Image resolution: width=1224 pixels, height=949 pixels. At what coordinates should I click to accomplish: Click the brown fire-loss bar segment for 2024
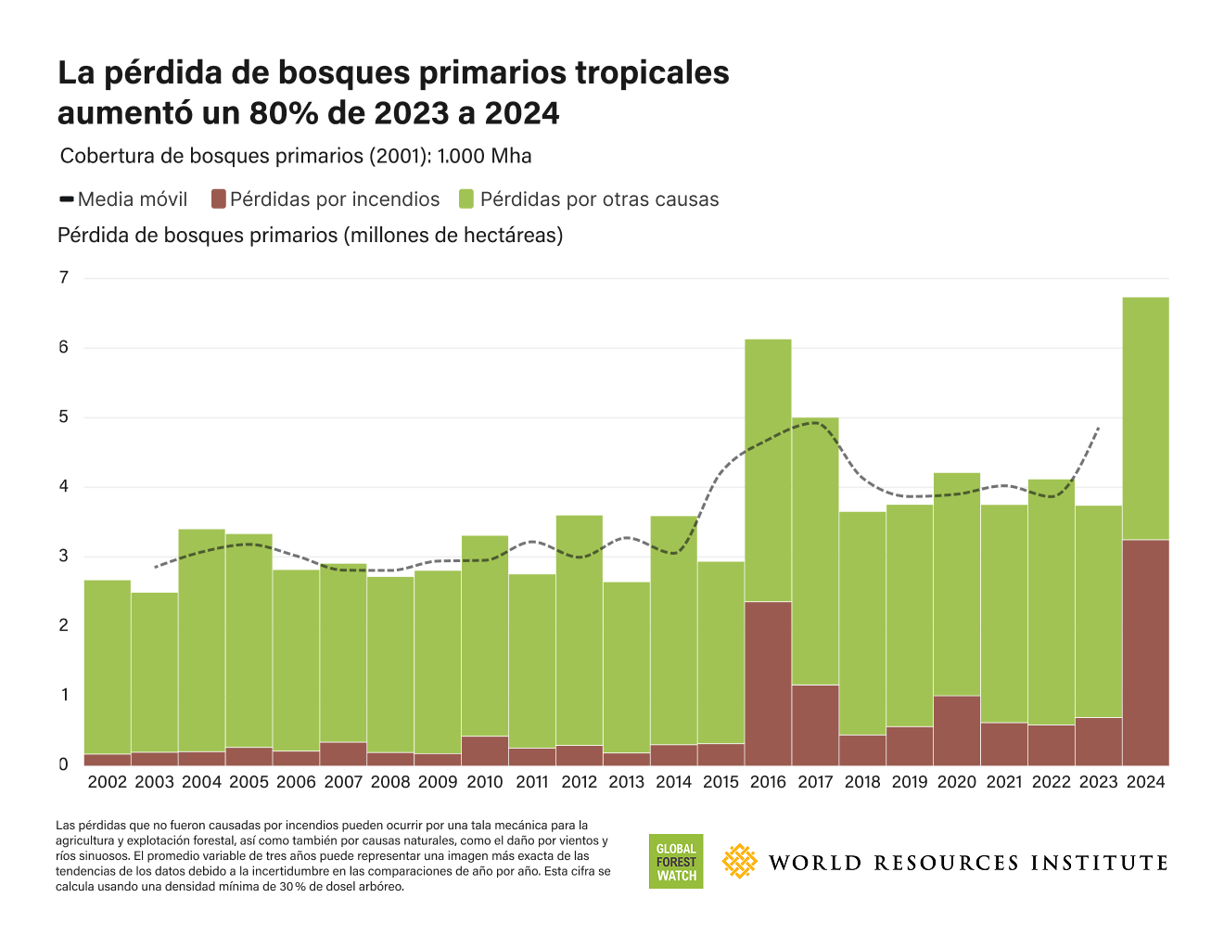tap(1145, 652)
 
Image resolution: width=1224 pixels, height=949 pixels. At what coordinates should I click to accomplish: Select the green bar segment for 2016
tap(768, 470)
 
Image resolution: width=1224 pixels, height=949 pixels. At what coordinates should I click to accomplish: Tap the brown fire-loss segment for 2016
tap(768, 683)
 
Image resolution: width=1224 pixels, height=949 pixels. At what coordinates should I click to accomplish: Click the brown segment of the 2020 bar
tap(957, 730)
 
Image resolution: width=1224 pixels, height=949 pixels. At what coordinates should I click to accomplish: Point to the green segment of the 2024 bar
tap(1145, 418)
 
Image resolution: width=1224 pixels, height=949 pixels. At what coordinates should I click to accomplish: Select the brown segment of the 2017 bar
tap(815, 725)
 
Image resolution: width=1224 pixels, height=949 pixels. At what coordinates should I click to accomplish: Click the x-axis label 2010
tap(485, 782)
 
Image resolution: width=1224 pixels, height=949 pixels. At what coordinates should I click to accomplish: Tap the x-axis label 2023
tap(1098, 782)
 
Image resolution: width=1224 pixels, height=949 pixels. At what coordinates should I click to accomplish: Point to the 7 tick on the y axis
tap(64, 277)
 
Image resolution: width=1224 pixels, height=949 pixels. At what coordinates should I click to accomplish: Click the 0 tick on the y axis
tap(64, 764)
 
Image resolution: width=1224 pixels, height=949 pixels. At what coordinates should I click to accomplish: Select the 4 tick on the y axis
tap(64, 486)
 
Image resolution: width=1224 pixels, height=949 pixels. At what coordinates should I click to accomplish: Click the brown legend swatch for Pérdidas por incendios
tap(219, 199)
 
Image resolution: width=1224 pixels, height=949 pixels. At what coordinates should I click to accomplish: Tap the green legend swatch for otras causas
tap(466, 199)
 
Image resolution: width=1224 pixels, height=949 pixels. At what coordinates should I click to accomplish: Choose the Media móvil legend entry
tap(123, 199)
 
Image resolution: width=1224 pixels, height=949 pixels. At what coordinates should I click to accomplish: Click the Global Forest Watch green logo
tap(676, 862)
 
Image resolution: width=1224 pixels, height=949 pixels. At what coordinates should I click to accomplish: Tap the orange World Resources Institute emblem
tap(739, 862)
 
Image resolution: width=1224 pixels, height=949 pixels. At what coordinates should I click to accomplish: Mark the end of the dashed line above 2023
tap(1099, 428)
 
